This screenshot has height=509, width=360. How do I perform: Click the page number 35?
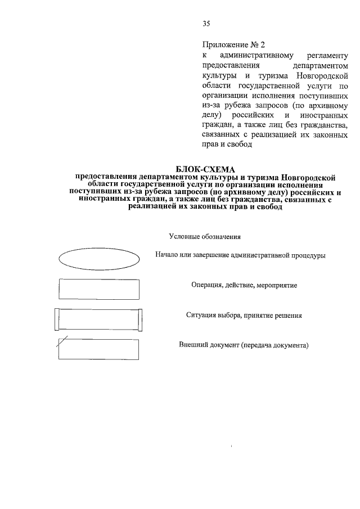(206, 23)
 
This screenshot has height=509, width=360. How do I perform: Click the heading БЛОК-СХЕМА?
(205, 169)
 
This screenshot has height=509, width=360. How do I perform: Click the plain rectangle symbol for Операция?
(98, 289)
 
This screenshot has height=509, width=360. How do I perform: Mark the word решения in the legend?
(288, 316)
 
